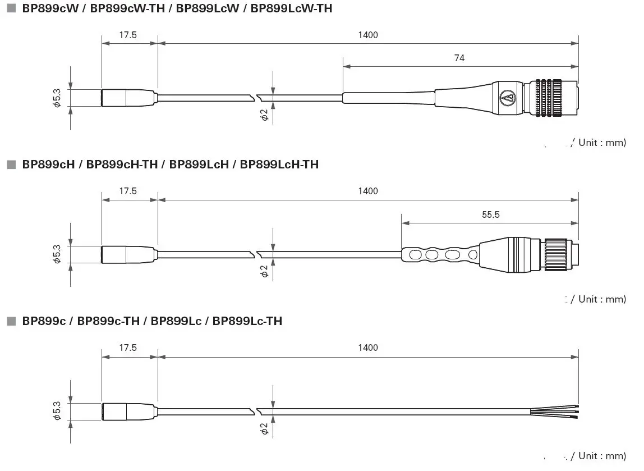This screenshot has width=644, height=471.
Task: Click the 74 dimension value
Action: coord(459,58)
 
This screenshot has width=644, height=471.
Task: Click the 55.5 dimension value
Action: coord(491,214)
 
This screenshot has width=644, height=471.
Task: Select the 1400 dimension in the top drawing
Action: coord(368,35)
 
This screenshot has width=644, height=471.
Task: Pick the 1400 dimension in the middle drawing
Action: coord(368,191)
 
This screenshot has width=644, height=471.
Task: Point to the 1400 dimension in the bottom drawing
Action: coord(368,347)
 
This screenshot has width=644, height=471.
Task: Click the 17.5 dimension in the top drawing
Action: coord(128,35)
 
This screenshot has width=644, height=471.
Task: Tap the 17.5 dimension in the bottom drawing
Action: coord(128,347)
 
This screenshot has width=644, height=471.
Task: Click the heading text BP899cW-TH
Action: coord(127,8)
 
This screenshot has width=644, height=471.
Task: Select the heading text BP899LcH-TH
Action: coord(279,164)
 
